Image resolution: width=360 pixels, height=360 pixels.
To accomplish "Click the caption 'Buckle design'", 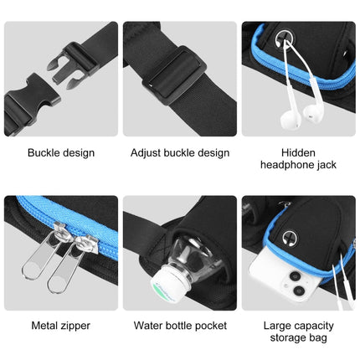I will point(61,153).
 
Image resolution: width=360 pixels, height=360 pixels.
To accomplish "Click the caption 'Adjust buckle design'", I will point(180,153).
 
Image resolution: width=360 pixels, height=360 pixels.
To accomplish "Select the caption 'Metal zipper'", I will point(60,326).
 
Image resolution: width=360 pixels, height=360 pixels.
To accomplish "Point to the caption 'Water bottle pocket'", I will point(180,326).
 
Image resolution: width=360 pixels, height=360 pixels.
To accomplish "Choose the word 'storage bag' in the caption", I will point(300,337).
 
